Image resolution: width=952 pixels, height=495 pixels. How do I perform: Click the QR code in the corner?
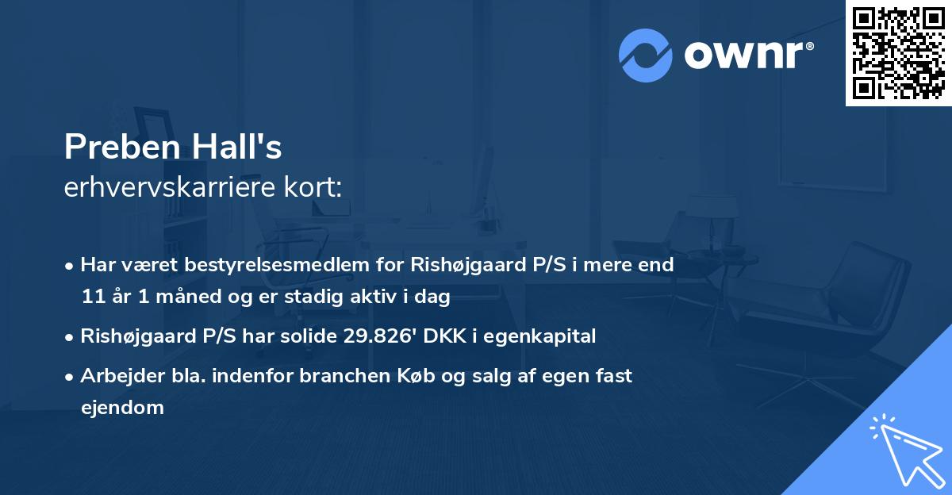tap(898, 53)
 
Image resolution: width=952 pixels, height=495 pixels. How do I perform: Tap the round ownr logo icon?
tap(646, 56)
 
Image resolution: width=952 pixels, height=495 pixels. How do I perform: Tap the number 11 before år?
tap(92, 297)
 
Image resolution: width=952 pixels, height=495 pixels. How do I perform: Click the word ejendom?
tap(122, 408)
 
